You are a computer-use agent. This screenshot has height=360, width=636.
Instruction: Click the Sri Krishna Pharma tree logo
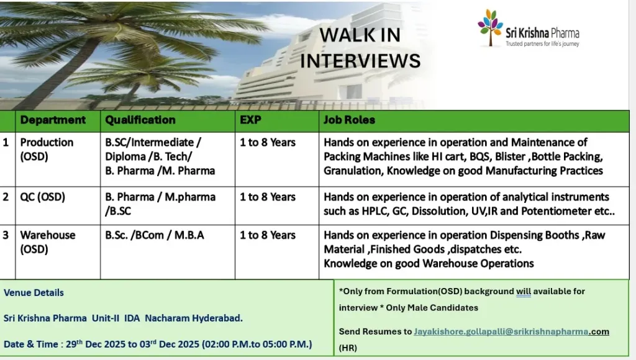point(489,27)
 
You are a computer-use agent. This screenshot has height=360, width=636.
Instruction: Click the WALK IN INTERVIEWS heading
point(360,48)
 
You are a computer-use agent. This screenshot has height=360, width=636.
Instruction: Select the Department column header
point(53,120)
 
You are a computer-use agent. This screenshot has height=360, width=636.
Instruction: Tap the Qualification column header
point(140,120)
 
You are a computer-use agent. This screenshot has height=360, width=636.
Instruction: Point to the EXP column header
point(251,120)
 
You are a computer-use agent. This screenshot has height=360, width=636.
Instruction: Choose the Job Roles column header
point(349,120)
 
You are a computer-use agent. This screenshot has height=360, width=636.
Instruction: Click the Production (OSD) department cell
point(47,149)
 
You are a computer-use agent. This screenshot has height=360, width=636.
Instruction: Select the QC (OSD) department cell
point(43,197)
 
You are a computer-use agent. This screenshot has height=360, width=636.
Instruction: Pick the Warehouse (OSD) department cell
point(48,242)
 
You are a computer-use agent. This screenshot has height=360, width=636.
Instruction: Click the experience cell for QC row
point(268,197)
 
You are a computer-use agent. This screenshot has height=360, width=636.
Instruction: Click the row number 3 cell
point(6,235)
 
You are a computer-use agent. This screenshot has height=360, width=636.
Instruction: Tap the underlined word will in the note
point(523,291)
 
